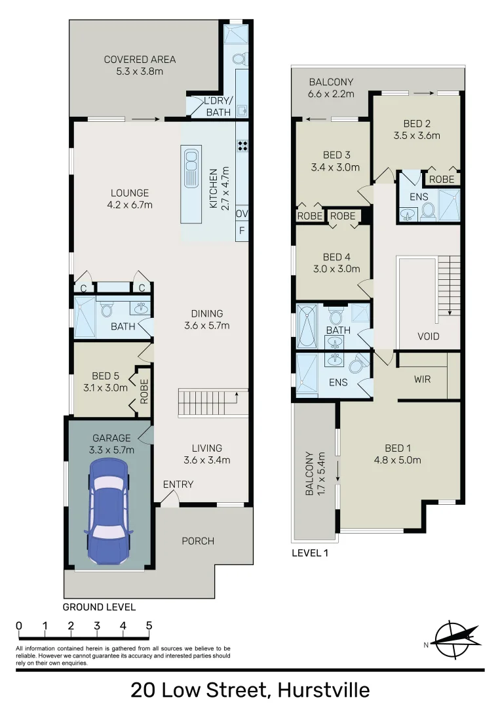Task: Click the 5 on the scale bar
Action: click(x=149, y=625)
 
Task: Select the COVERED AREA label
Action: click(x=140, y=64)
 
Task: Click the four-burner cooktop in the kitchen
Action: click(x=242, y=146)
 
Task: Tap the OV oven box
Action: click(x=242, y=214)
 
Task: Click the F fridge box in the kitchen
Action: click(x=242, y=231)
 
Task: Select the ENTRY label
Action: click(x=178, y=484)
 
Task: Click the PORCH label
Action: click(x=197, y=541)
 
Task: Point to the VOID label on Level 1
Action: click(x=429, y=336)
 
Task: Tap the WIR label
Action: click(x=423, y=379)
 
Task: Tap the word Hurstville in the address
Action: click(x=324, y=690)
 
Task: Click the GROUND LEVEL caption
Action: click(x=99, y=607)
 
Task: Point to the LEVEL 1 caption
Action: click(x=309, y=553)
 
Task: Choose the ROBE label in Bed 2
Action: click(x=442, y=178)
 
